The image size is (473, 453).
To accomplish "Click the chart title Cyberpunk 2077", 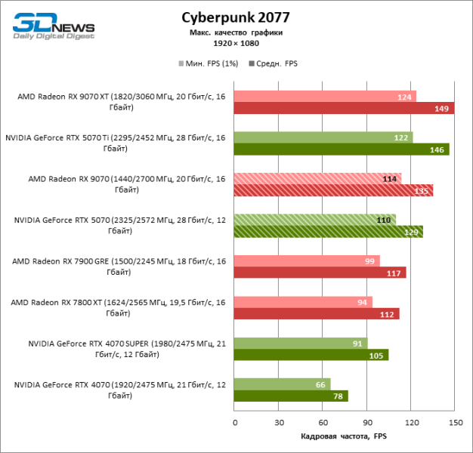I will tap(236, 17).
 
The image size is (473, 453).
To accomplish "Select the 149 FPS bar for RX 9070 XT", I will tap(344, 108).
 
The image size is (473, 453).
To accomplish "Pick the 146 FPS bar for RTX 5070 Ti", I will tap(342, 149).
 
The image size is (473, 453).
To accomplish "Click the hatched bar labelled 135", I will tap(333, 190).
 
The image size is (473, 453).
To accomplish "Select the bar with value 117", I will tap(320, 273).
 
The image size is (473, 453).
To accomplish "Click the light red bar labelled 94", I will tap(303, 302).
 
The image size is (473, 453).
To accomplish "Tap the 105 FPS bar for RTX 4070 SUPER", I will tap(311, 355).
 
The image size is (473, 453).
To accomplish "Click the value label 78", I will tap(336, 396).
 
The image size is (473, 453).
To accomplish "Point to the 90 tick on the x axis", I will tap(366, 421).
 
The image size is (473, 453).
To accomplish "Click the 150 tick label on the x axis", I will tap(454, 421).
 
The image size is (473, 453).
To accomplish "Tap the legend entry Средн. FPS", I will tap(276, 63).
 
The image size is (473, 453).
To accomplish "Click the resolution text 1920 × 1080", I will tap(236, 43).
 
